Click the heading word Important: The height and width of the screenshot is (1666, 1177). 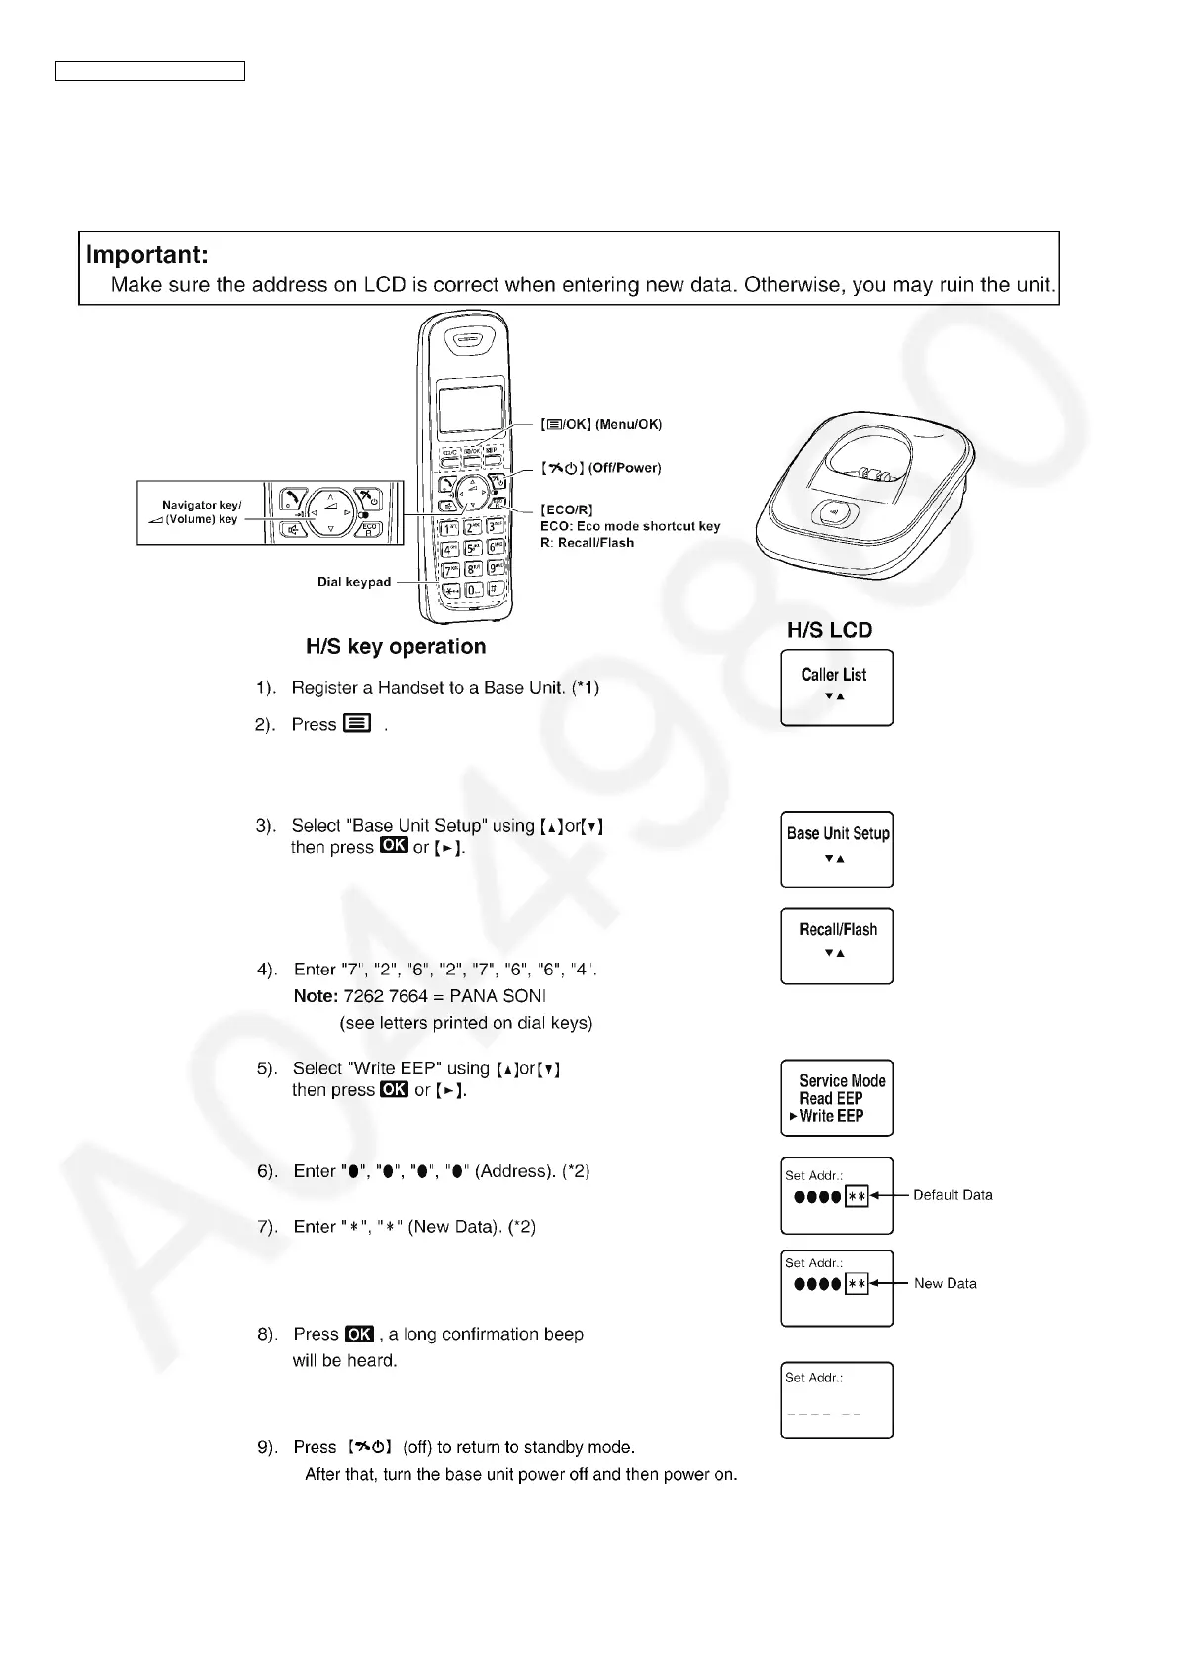pos(147,255)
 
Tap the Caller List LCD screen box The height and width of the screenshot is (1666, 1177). pos(837,688)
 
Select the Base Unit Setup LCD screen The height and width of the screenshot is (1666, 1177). pos(837,850)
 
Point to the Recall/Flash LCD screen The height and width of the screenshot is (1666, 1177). pos(837,946)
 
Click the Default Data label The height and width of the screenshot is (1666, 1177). pos(952,1195)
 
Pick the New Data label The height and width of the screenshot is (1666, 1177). pos(945,1283)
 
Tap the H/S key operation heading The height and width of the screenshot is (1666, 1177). pos(396,647)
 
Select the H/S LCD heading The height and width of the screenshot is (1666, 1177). pos(829,630)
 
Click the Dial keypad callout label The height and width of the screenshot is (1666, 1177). pos(353,582)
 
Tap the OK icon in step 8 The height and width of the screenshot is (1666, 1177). pos(360,1334)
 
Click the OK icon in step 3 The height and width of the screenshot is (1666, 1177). pos(394,846)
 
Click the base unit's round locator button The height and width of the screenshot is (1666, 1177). pos(832,513)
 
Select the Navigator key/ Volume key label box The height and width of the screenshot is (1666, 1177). pos(201,512)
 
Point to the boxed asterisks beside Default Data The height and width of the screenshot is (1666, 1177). pos(857,1196)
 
